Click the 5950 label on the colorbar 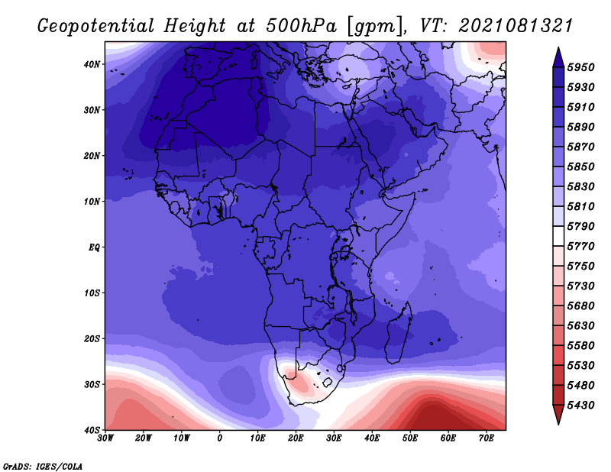(580, 67)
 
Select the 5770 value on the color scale (580, 247)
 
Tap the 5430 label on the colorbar (580, 406)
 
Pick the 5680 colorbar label (580, 306)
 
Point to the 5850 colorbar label (580, 166)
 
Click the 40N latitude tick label (92, 64)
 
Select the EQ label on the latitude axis (94, 247)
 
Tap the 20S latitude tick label (92, 338)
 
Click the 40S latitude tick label (92, 430)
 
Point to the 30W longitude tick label (105, 438)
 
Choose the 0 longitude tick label (220, 438)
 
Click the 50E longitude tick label (410, 438)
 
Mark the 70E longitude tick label (487, 438)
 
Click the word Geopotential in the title (96, 27)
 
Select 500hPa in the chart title (301, 26)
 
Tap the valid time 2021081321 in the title (516, 26)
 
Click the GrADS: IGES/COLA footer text (43, 467)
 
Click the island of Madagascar (398, 335)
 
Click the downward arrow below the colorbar (558, 415)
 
